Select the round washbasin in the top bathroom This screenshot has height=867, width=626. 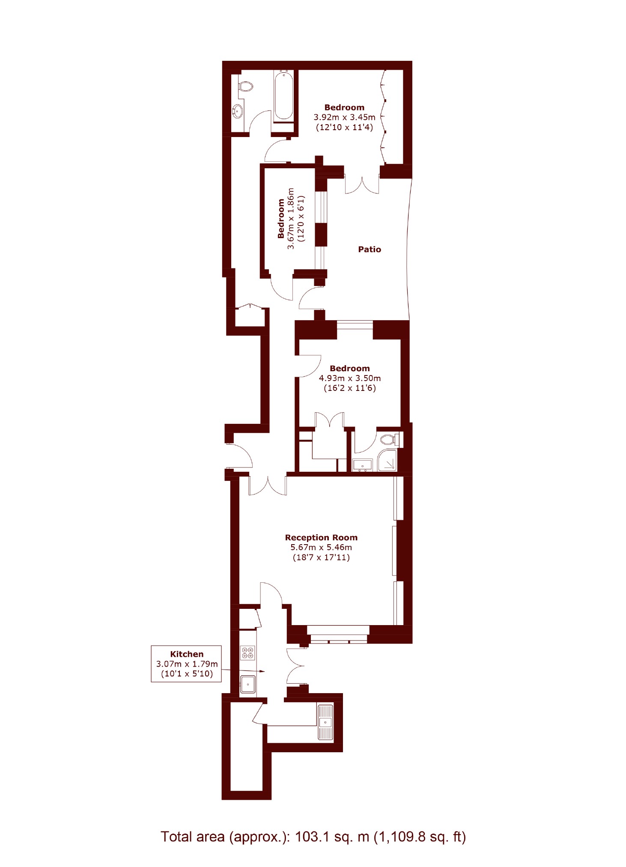238,112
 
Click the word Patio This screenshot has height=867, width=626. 370,249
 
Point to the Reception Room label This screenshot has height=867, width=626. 321,537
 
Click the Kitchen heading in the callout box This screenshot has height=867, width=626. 187,654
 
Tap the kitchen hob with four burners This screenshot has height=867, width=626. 247,653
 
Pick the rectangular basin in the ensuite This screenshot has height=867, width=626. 362,465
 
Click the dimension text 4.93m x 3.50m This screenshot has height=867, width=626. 350,378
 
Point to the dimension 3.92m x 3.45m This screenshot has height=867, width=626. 344,117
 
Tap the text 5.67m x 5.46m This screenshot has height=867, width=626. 321,547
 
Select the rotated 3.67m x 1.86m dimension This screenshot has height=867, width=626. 291,218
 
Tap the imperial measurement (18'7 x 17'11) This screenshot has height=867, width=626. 321,557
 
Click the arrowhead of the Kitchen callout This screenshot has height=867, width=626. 262,671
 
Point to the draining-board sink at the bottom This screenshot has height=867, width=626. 325,721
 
